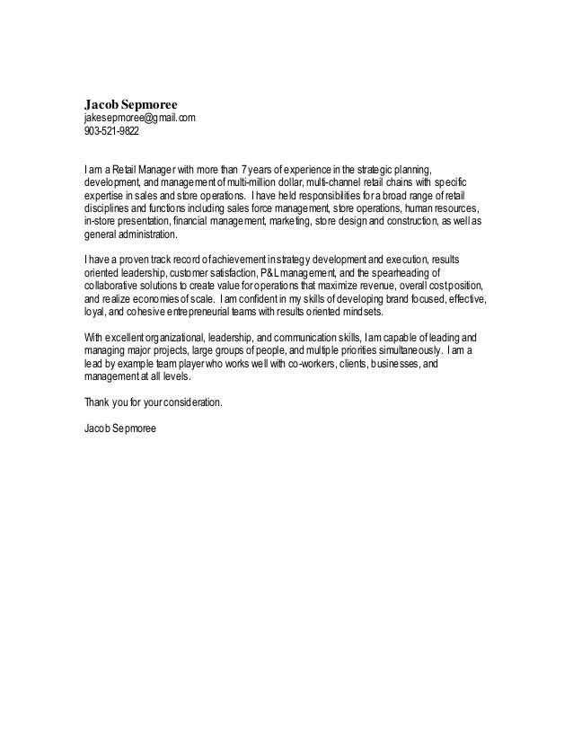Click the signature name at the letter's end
(119, 429)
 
